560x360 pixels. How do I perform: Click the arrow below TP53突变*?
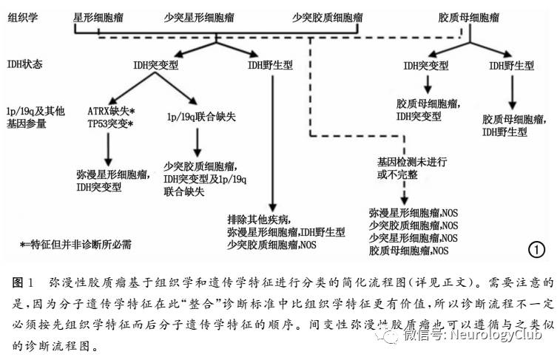[109, 150]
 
